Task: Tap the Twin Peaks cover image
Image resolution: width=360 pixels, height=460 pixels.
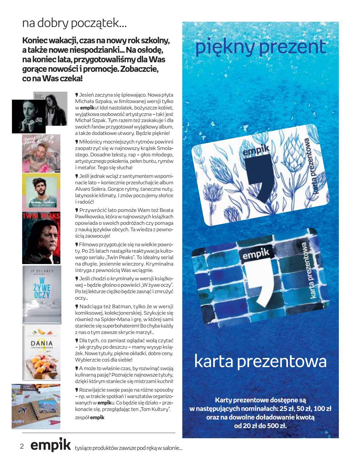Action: [x=41, y=238]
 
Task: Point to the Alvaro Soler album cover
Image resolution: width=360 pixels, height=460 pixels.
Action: [x=41, y=193]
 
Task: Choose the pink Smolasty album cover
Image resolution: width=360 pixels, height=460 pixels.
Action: [x=41, y=154]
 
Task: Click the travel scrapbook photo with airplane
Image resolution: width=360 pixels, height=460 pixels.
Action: [x=36, y=406]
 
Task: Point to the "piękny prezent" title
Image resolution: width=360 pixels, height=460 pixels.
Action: [x=260, y=48]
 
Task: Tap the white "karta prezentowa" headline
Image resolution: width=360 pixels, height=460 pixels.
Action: [x=260, y=362]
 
